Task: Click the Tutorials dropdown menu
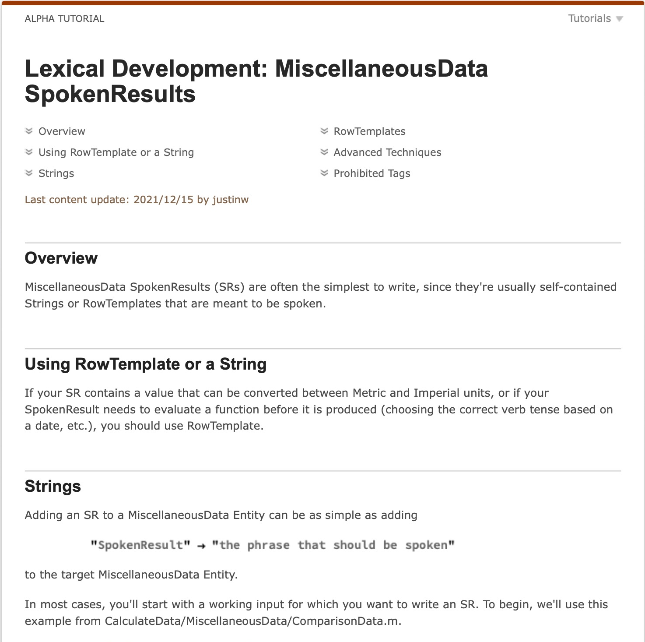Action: coord(595,18)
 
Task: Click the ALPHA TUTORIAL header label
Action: coord(64,19)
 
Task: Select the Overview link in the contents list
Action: coord(62,131)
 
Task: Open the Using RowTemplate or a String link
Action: coord(116,152)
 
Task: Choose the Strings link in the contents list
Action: coord(56,173)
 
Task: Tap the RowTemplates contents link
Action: coord(369,131)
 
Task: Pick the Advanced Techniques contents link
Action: coord(387,152)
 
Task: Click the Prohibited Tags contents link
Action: coord(372,173)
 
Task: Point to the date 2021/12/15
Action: coord(163,200)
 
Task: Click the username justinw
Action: coord(231,200)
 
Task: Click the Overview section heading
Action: coord(61,258)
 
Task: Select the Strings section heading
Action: coord(53,487)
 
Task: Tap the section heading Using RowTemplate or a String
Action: coord(146,364)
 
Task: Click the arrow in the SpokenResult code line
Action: coord(201,546)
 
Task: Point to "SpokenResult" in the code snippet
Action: coord(140,545)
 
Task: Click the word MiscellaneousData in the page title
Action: coord(381,69)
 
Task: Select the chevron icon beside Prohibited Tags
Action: coord(324,173)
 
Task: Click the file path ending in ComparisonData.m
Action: coord(252,621)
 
